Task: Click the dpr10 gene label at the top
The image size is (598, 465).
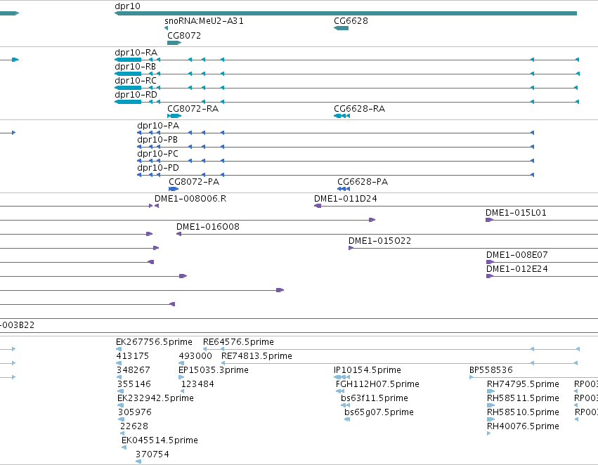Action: tap(127, 6)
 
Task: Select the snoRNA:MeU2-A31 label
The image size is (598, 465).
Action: tap(204, 21)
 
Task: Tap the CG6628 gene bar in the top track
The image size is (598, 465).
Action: tap(342, 28)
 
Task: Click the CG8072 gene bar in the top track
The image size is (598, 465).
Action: tap(174, 43)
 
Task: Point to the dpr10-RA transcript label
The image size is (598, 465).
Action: tap(136, 53)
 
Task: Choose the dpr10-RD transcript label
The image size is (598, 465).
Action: tap(136, 95)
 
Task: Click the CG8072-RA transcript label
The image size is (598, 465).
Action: tap(193, 109)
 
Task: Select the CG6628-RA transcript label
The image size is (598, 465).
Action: tap(359, 109)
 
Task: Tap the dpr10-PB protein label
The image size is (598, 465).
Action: tap(157, 140)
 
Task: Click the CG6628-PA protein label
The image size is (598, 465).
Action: tap(363, 182)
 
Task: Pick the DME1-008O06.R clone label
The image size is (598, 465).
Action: tap(190, 199)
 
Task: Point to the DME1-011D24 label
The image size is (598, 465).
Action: tap(346, 199)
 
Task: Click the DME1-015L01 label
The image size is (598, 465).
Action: tap(516, 213)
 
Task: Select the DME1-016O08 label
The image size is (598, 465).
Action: tap(208, 227)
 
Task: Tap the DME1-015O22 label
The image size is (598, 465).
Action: tap(380, 241)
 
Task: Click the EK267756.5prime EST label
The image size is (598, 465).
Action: tap(154, 342)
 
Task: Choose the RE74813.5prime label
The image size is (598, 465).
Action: tap(256, 356)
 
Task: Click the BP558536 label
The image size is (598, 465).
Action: tap(490, 370)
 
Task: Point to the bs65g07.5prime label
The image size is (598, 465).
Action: tap(379, 412)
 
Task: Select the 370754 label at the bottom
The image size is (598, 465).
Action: tap(152, 454)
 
